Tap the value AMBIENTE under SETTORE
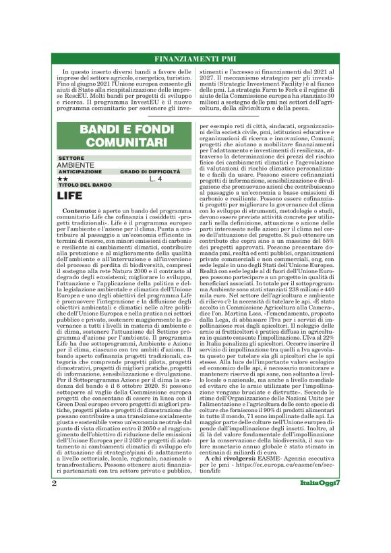tap(76, 165)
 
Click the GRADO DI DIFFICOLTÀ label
tap(150, 172)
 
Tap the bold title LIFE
tap(69, 196)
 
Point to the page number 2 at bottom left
tap(54, 522)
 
